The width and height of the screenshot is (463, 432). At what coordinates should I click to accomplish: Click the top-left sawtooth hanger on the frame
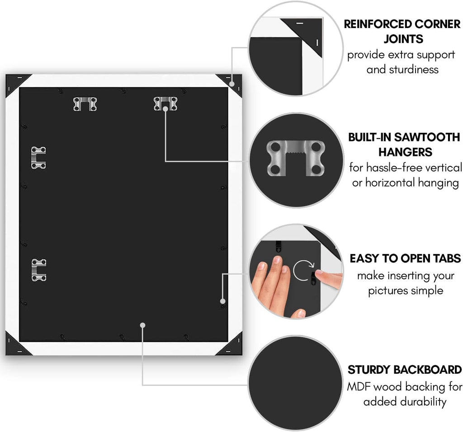pos(85,104)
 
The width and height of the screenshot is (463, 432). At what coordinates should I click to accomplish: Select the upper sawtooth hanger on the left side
pos(39,158)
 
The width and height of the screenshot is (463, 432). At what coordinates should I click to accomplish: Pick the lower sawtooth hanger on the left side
pos(39,270)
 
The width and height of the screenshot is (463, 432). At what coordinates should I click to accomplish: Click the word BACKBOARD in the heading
pos(428,370)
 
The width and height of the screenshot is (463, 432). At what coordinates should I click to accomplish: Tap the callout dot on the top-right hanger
pos(165,109)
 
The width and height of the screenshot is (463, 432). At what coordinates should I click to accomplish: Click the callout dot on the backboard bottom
pos(142,325)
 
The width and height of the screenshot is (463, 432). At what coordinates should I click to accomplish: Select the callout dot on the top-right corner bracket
pos(232,84)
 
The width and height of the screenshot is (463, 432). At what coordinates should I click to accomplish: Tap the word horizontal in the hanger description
pos(390,183)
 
